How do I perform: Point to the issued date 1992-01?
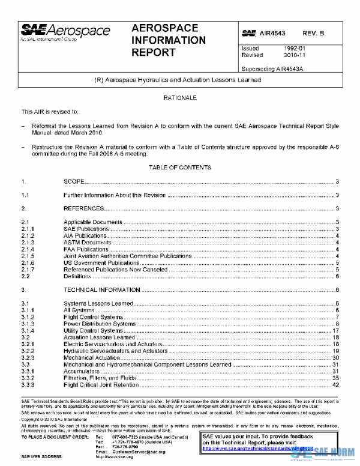point(286,49)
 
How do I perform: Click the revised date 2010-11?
point(286,55)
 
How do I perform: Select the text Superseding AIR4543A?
point(269,68)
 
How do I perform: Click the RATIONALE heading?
point(180,97)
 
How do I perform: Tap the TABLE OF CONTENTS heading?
point(180,167)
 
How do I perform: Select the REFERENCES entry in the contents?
point(84,208)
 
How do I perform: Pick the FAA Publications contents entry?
point(86,249)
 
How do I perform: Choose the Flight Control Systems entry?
point(93,317)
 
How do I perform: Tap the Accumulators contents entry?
point(82,371)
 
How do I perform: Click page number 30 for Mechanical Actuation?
point(336,357)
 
